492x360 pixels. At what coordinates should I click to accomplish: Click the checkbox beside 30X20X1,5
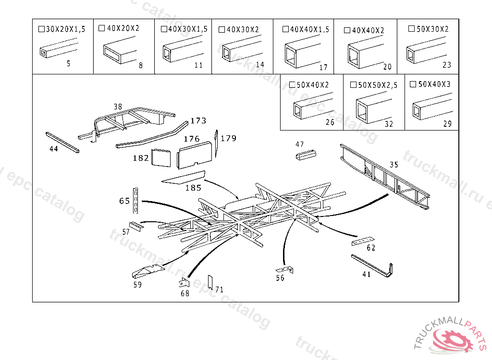[x=41, y=29]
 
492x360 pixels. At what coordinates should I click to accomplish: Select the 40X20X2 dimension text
[x=123, y=28]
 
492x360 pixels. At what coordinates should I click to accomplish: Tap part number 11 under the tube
[x=198, y=66]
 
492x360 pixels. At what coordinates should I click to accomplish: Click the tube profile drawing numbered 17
[x=300, y=52]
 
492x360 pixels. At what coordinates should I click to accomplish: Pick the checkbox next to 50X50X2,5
[x=353, y=85]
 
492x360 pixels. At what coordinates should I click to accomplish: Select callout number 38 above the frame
[x=118, y=106]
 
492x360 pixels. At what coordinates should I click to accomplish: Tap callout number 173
[x=198, y=120]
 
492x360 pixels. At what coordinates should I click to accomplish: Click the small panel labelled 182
[x=161, y=158]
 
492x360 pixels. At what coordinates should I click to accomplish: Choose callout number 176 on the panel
[x=192, y=139]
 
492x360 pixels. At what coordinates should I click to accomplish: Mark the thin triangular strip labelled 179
[x=217, y=144]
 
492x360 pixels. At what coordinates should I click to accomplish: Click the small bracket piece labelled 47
[x=305, y=156]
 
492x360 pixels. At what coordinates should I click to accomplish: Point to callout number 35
[x=394, y=165]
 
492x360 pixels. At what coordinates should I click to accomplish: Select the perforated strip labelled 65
[x=137, y=200]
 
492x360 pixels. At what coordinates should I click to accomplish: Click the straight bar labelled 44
[x=62, y=143]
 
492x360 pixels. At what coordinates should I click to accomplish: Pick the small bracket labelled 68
[x=184, y=284]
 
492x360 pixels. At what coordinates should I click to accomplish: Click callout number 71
[x=220, y=290]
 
